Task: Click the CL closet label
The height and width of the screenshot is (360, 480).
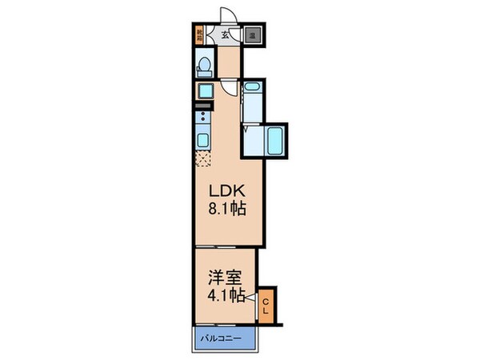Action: point(266,305)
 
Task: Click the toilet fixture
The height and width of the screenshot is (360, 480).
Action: point(204,63)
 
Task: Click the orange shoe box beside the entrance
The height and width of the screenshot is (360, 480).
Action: point(198,35)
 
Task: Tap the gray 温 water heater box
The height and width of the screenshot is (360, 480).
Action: point(252,35)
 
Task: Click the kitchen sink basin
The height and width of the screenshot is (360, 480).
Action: point(203,142)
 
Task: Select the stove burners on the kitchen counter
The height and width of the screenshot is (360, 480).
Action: point(202,120)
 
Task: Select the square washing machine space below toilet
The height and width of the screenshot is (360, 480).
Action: point(203,90)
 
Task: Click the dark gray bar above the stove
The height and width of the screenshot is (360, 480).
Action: point(202,105)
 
